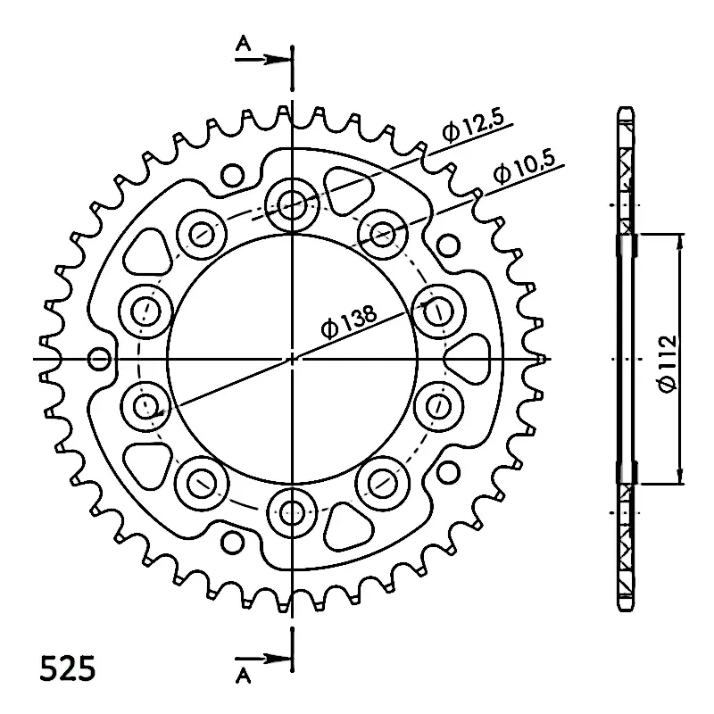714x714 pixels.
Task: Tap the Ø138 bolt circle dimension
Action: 349,321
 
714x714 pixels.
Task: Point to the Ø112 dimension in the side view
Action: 667,364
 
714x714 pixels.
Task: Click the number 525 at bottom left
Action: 68,668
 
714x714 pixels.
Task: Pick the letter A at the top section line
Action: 244,44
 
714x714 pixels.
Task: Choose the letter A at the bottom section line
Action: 244,677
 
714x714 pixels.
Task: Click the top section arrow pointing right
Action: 263,59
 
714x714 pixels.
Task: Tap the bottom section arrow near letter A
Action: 263,659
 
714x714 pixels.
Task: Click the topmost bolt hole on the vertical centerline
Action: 292,204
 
